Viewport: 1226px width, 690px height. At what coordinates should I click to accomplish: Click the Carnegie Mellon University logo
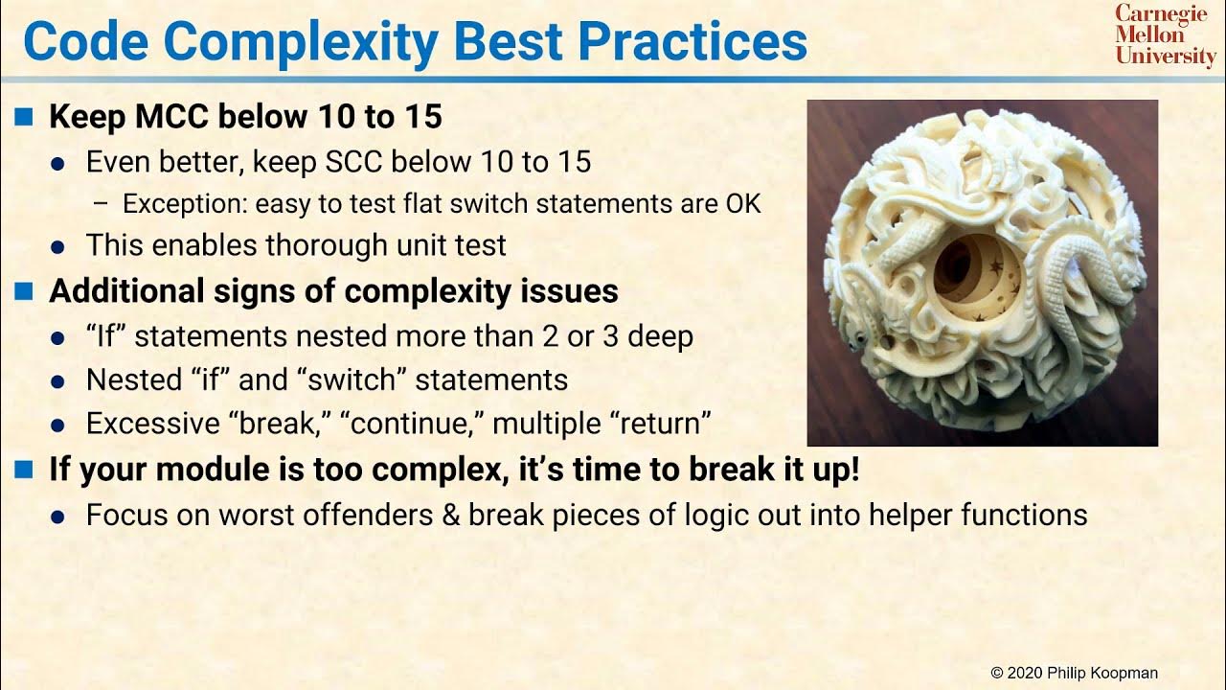point(1164,35)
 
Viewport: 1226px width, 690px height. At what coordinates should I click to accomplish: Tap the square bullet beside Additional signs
point(25,290)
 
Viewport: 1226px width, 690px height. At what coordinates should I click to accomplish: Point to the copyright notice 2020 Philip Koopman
point(1075,673)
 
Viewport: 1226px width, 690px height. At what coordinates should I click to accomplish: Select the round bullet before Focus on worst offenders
point(58,517)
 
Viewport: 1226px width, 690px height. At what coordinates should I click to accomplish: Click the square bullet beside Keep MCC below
point(25,117)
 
